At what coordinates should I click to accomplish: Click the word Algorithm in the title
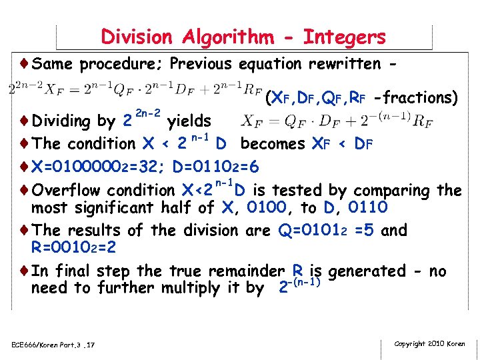point(225,37)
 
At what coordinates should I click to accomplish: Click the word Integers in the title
point(344,37)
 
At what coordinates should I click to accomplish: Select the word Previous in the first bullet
point(200,64)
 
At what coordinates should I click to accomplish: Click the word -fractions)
point(417,98)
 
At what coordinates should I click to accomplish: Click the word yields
point(189,121)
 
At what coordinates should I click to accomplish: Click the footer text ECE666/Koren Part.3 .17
point(53,345)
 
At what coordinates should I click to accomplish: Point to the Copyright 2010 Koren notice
point(430,343)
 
